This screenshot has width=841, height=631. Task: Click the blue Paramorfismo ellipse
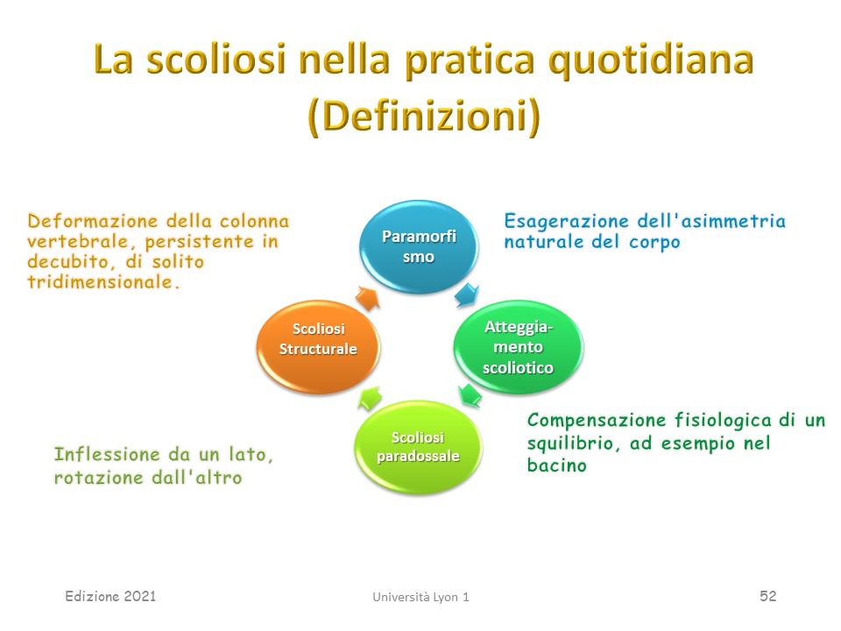[x=419, y=247]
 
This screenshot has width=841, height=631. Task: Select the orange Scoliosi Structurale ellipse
[x=319, y=347]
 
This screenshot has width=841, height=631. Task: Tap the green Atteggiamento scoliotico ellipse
[x=518, y=347]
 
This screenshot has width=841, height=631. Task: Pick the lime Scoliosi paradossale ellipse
[x=419, y=447]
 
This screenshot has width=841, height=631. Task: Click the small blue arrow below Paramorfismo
[x=466, y=294]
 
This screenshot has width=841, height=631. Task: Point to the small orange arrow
[x=368, y=298]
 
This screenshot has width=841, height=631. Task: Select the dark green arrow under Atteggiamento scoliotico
[x=470, y=395]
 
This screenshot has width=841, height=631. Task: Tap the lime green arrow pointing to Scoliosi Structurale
[x=370, y=398]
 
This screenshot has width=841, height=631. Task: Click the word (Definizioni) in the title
[x=424, y=117]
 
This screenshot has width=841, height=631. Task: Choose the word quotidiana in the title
[x=651, y=60]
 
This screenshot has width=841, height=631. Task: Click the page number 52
[x=768, y=596]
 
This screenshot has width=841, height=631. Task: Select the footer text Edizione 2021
[x=110, y=596]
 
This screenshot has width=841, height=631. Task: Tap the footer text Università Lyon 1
[x=421, y=597]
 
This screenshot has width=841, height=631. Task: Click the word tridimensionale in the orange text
[x=100, y=281]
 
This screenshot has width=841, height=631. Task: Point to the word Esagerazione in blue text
[x=567, y=222]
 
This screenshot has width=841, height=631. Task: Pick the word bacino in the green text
[x=557, y=464]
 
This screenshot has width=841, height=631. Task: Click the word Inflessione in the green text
[x=107, y=455]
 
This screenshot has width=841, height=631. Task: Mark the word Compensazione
[x=596, y=420]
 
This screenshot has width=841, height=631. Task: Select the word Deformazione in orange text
[x=93, y=221]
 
